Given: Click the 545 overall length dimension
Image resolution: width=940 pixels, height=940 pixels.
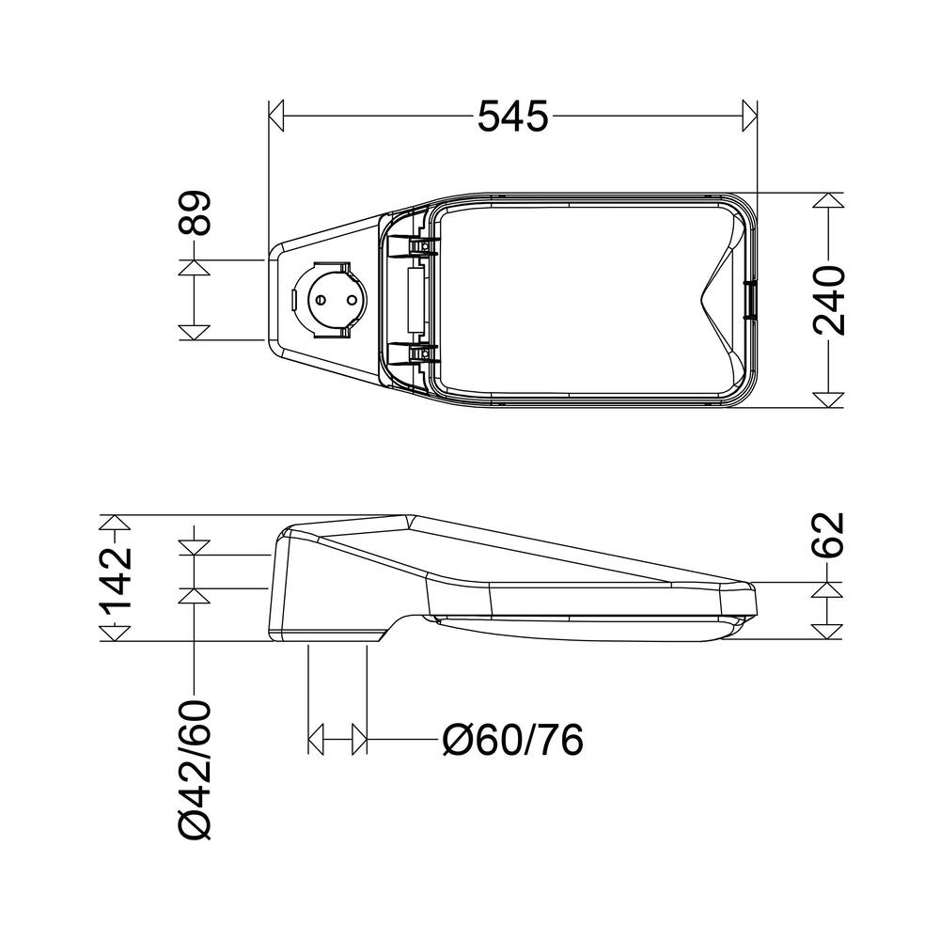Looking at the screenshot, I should (x=512, y=117).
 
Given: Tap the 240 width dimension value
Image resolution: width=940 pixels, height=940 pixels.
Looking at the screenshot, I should (x=829, y=301).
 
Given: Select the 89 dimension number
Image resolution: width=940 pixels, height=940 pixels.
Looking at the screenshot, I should (x=196, y=213).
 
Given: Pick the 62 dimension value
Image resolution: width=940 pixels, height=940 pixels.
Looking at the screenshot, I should (x=829, y=536).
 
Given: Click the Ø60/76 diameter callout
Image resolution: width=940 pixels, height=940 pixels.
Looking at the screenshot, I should (x=513, y=742).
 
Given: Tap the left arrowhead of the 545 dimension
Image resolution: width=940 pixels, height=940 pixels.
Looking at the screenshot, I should (x=276, y=117).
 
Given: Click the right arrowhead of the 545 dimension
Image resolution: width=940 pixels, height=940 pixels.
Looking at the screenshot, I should (x=749, y=117).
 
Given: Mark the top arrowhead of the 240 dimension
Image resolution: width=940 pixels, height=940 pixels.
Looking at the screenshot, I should (x=827, y=201).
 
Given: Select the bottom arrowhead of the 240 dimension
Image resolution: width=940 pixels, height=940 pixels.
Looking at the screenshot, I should (x=827, y=399).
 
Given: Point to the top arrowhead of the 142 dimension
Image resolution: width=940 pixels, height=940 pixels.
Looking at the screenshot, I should (x=113, y=524).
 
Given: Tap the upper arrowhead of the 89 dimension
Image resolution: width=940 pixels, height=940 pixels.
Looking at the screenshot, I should (x=194, y=267).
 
